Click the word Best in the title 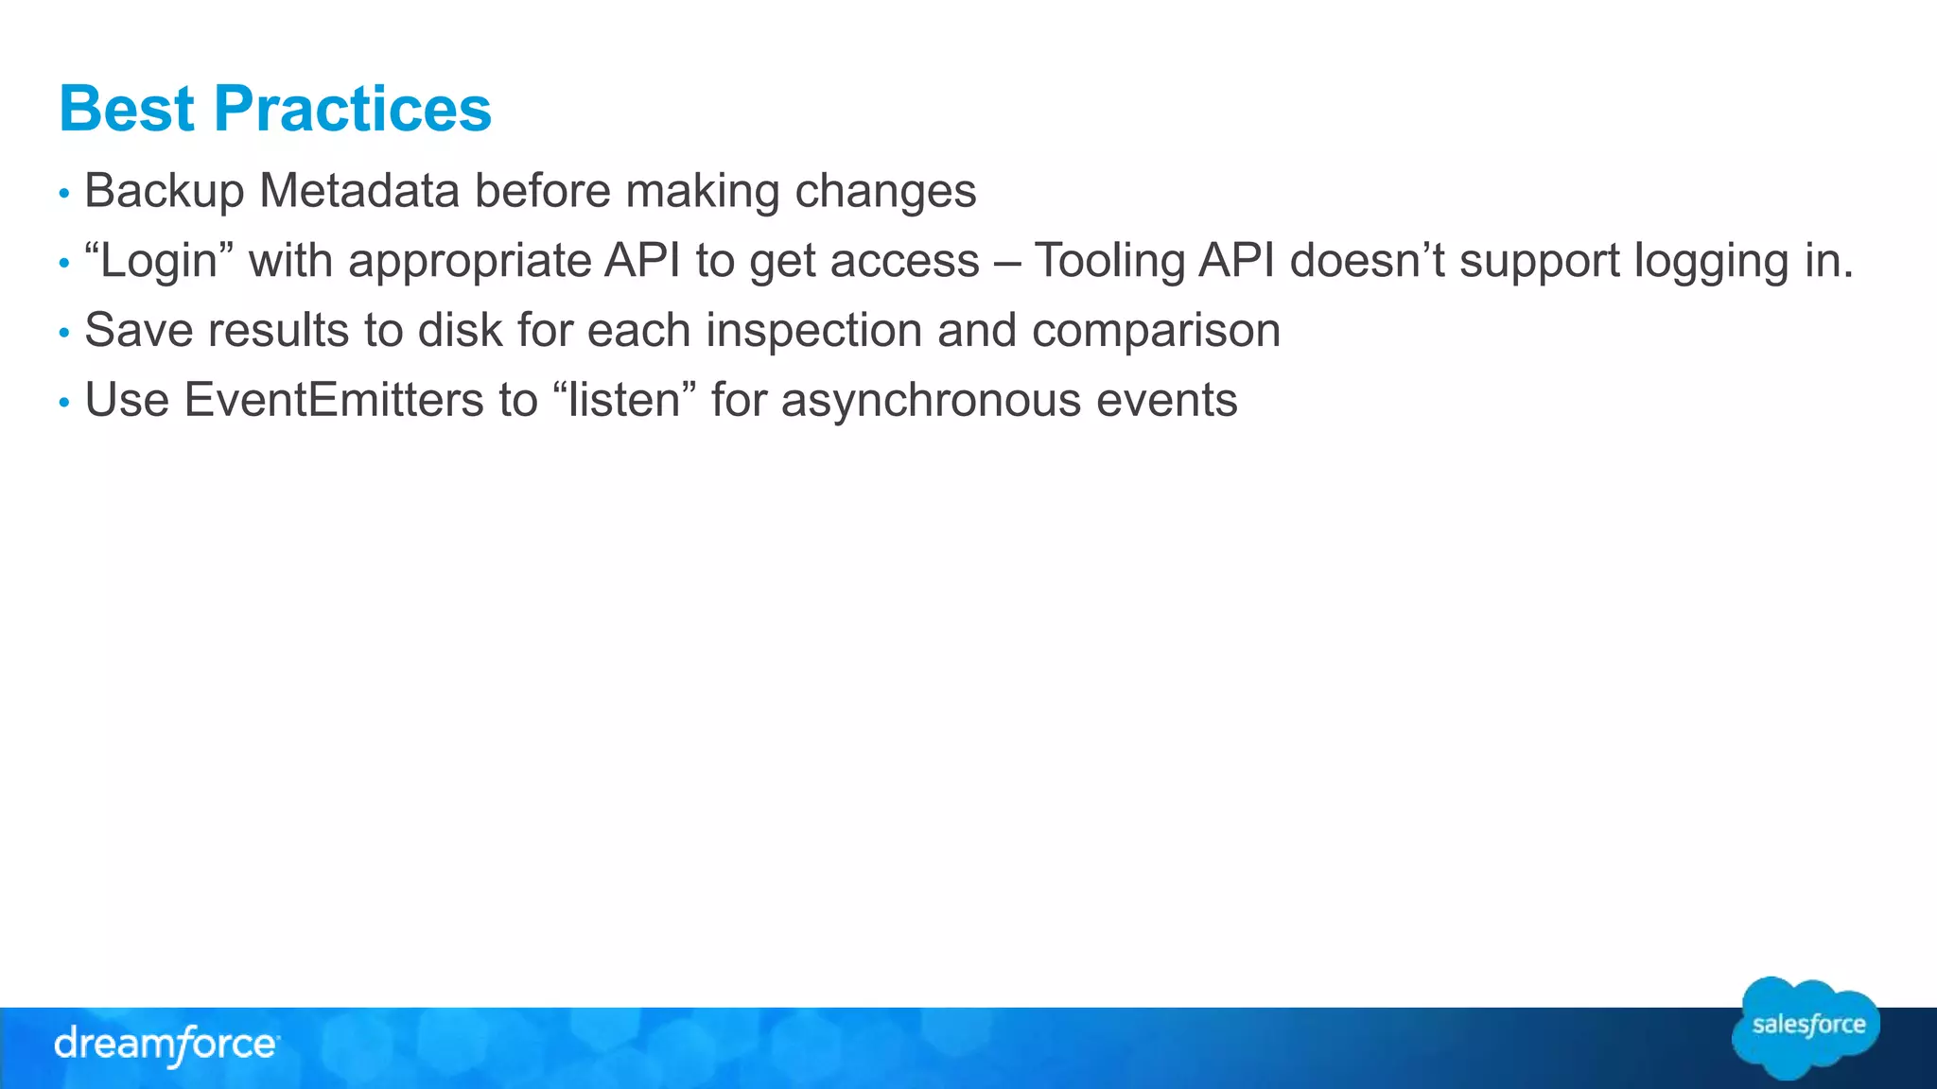coord(126,109)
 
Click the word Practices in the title coord(352,109)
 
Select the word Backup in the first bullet coord(165,192)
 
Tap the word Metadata coord(359,191)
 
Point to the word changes coord(885,192)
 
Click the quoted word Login coord(159,261)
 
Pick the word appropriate coord(470,262)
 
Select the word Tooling coord(1109,262)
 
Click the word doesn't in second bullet coord(1367,261)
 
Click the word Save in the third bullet coord(139,331)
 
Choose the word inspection coord(813,332)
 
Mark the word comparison coord(1156,332)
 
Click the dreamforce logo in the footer coord(166,1045)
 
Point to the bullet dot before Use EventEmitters coord(64,403)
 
